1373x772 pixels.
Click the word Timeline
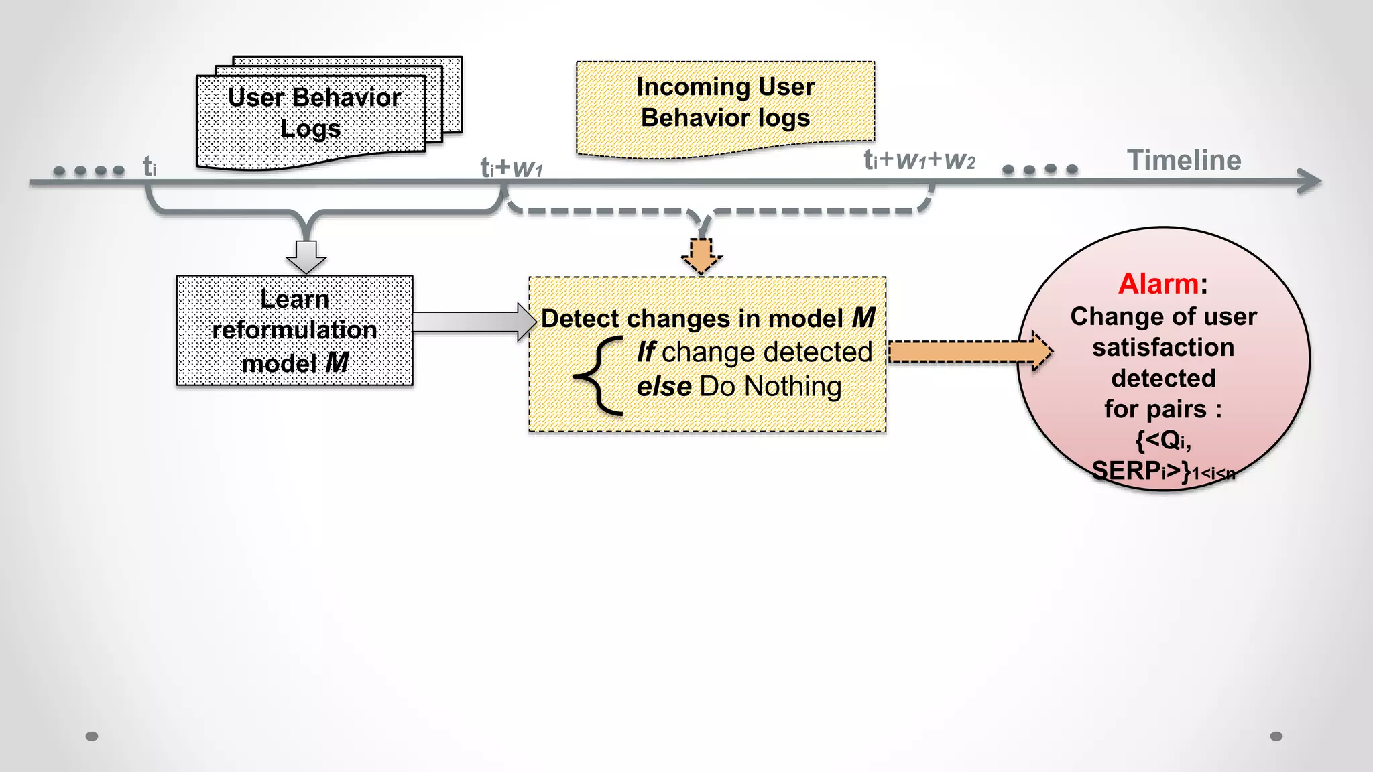point(1184,160)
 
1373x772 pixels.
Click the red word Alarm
point(1158,283)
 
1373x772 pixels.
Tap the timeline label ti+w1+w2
point(918,160)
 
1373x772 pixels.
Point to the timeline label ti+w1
point(511,168)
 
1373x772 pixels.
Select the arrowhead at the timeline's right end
point(1309,181)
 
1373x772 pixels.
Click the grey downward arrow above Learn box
point(306,257)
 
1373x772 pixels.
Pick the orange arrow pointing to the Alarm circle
point(969,351)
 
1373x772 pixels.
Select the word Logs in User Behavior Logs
point(310,128)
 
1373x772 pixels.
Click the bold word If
point(645,352)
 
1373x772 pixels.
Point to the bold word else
point(663,387)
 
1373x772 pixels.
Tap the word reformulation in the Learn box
point(294,330)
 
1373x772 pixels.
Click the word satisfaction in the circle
point(1163,347)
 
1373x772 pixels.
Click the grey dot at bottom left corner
point(92,736)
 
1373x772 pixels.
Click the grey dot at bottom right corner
point(1276,736)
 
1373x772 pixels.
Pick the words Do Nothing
point(770,387)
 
